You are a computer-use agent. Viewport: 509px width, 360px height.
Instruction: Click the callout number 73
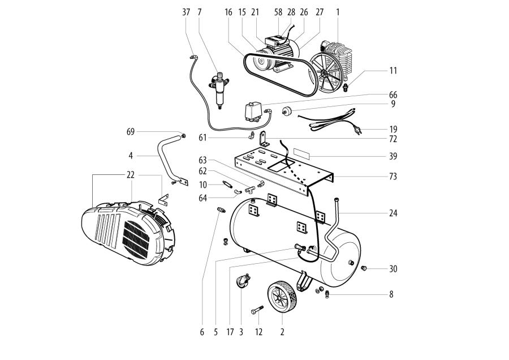pyautogui.click(x=393, y=177)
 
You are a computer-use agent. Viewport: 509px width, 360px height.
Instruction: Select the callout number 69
pyautogui.click(x=131, y=132)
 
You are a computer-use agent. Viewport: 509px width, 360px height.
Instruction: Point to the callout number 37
pyautogui.click(x=187, y=11)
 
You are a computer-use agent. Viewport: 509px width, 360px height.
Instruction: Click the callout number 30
pyautogui.click(x=393, y=269)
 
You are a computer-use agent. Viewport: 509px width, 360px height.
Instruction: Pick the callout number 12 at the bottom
pyautogui.click(x=258, y=333)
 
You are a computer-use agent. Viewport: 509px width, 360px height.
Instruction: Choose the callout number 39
pyautogui.click(x=393, y=156)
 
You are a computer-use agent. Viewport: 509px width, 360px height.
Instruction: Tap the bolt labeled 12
pyautogui.click(x=258, y=310)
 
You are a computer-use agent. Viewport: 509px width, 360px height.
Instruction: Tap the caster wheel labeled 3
pyautogui.click(x=241, y=282)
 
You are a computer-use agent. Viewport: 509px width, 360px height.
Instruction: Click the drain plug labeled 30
pyautogui.click(x=364, y=267)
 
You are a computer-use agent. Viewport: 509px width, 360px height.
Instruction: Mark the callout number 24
pyautogui.click(x=393, y=214)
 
